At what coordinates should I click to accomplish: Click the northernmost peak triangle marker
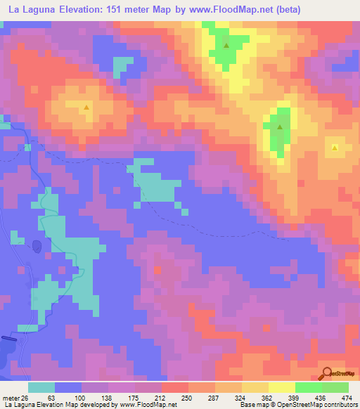tap(226, 46)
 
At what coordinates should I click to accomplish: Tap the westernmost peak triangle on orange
tap(86, 108)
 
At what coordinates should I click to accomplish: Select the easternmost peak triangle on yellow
tap(335, 148)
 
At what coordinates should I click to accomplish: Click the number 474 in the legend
tap(346, 398)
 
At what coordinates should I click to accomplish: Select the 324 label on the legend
tap(241, 398)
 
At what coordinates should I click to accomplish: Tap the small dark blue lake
tap(36, 246)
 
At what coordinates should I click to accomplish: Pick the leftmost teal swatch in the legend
tap(41, 387)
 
